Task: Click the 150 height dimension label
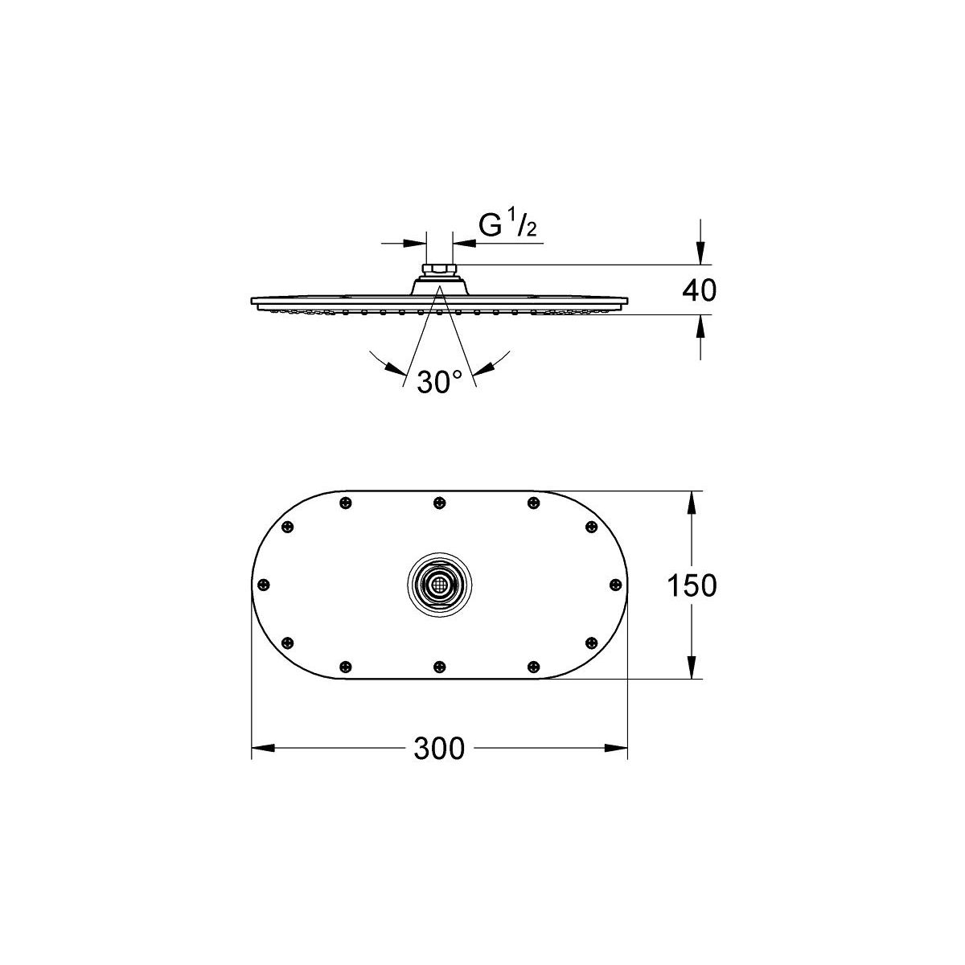[692, 585]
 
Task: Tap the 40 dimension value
[699, 290]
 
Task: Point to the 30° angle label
[439, 382]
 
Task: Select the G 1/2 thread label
[507, 226]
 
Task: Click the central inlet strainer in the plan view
[439, 585]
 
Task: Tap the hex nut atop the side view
[439, 270]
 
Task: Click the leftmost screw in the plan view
[265, 585]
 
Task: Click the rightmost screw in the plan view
[615, 585]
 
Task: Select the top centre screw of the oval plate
[439, 503]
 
